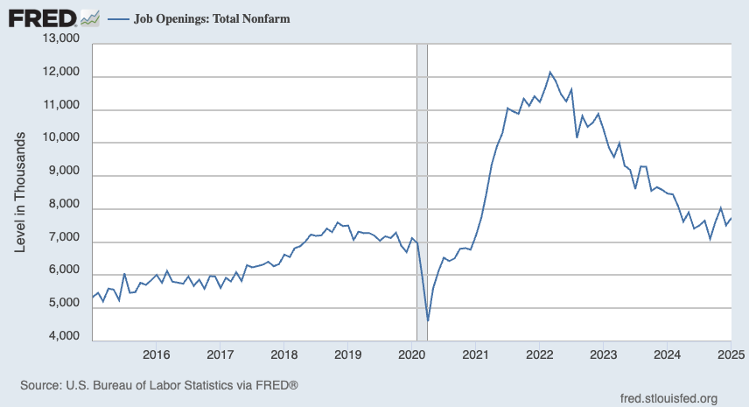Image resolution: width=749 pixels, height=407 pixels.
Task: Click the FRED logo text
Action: (41, 18)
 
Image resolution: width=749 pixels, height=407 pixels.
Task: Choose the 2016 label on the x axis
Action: (156, 355)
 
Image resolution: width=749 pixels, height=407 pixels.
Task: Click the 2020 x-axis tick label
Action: (411, 355)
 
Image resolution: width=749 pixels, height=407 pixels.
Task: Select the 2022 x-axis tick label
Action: (539, 355)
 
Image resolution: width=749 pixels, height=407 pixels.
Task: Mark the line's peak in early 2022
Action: (549, 72)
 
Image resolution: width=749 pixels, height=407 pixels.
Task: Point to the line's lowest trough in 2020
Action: (428, 320)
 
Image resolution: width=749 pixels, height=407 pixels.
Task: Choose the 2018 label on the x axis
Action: (283, 355)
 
